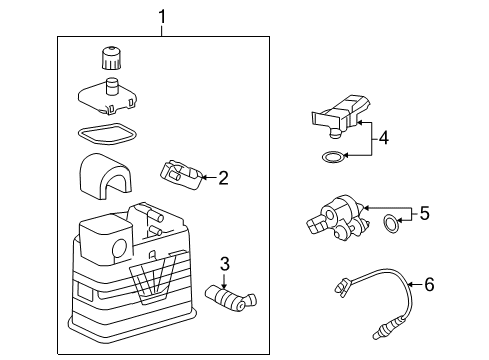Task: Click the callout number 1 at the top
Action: coord(160,17)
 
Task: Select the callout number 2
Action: coord(223,179)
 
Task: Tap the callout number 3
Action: coord(226,264)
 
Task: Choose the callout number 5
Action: coord(425,212)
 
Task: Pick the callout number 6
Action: coord(428,285)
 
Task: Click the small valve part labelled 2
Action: coord(180,173)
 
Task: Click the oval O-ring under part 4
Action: coord(331,156)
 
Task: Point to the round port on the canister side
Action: coord(119,248)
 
